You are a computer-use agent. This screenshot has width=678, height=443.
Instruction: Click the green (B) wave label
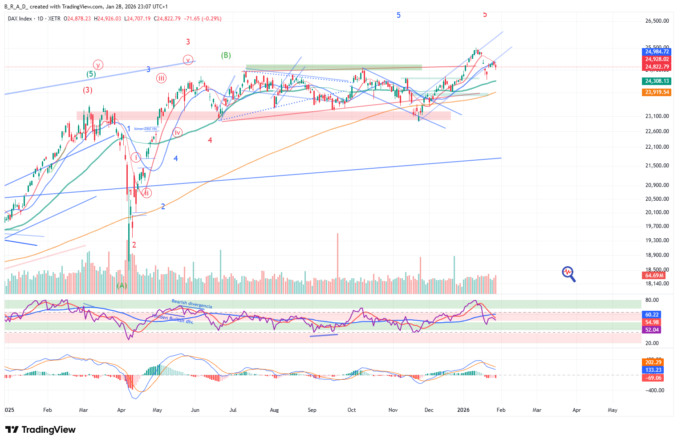click(226, 56)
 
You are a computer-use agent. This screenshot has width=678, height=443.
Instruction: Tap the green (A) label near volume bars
click(122, 285)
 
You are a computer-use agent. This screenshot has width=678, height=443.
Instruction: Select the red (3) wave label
click(87, 90)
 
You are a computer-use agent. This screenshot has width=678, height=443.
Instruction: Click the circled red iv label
click(177, 132)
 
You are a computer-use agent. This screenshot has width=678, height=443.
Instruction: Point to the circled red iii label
click(161, 78)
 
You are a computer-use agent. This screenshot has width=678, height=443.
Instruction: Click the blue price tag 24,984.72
click(657, 52)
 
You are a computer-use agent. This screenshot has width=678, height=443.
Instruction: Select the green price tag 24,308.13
click(657, 81)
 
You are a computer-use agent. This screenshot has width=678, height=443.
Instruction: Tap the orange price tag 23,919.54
click(657, 92)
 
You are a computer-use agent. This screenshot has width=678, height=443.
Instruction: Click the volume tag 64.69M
click(654, 276)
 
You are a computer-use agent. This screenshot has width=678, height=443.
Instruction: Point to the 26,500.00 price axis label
click(657, 21)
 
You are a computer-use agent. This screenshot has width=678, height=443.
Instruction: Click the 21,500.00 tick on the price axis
click(657, 166)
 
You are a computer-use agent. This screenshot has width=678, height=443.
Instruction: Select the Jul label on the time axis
click(233, 410)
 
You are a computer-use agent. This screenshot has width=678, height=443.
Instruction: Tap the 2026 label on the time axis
click(463, 410)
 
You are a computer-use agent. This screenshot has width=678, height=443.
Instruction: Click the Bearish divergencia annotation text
click(192, 304)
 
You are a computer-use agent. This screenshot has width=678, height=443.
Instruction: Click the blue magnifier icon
click(568, 274)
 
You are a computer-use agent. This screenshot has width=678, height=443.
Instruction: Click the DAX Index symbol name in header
click(20, 19)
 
